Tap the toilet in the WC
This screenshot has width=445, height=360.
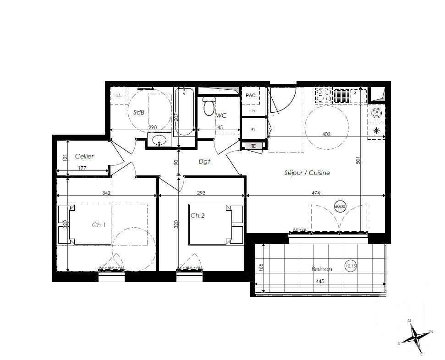209,107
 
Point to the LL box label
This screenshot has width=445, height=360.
119,95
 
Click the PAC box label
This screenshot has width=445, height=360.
250,95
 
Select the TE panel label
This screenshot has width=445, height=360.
253,146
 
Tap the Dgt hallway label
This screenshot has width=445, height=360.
204,161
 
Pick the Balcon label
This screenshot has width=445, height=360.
322,269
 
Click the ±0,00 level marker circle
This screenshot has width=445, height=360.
340,207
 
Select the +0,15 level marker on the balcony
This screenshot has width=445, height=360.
351,266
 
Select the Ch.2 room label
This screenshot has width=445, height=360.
198,215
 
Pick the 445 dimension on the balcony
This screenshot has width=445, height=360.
319,282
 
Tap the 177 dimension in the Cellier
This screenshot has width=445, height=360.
82,169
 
